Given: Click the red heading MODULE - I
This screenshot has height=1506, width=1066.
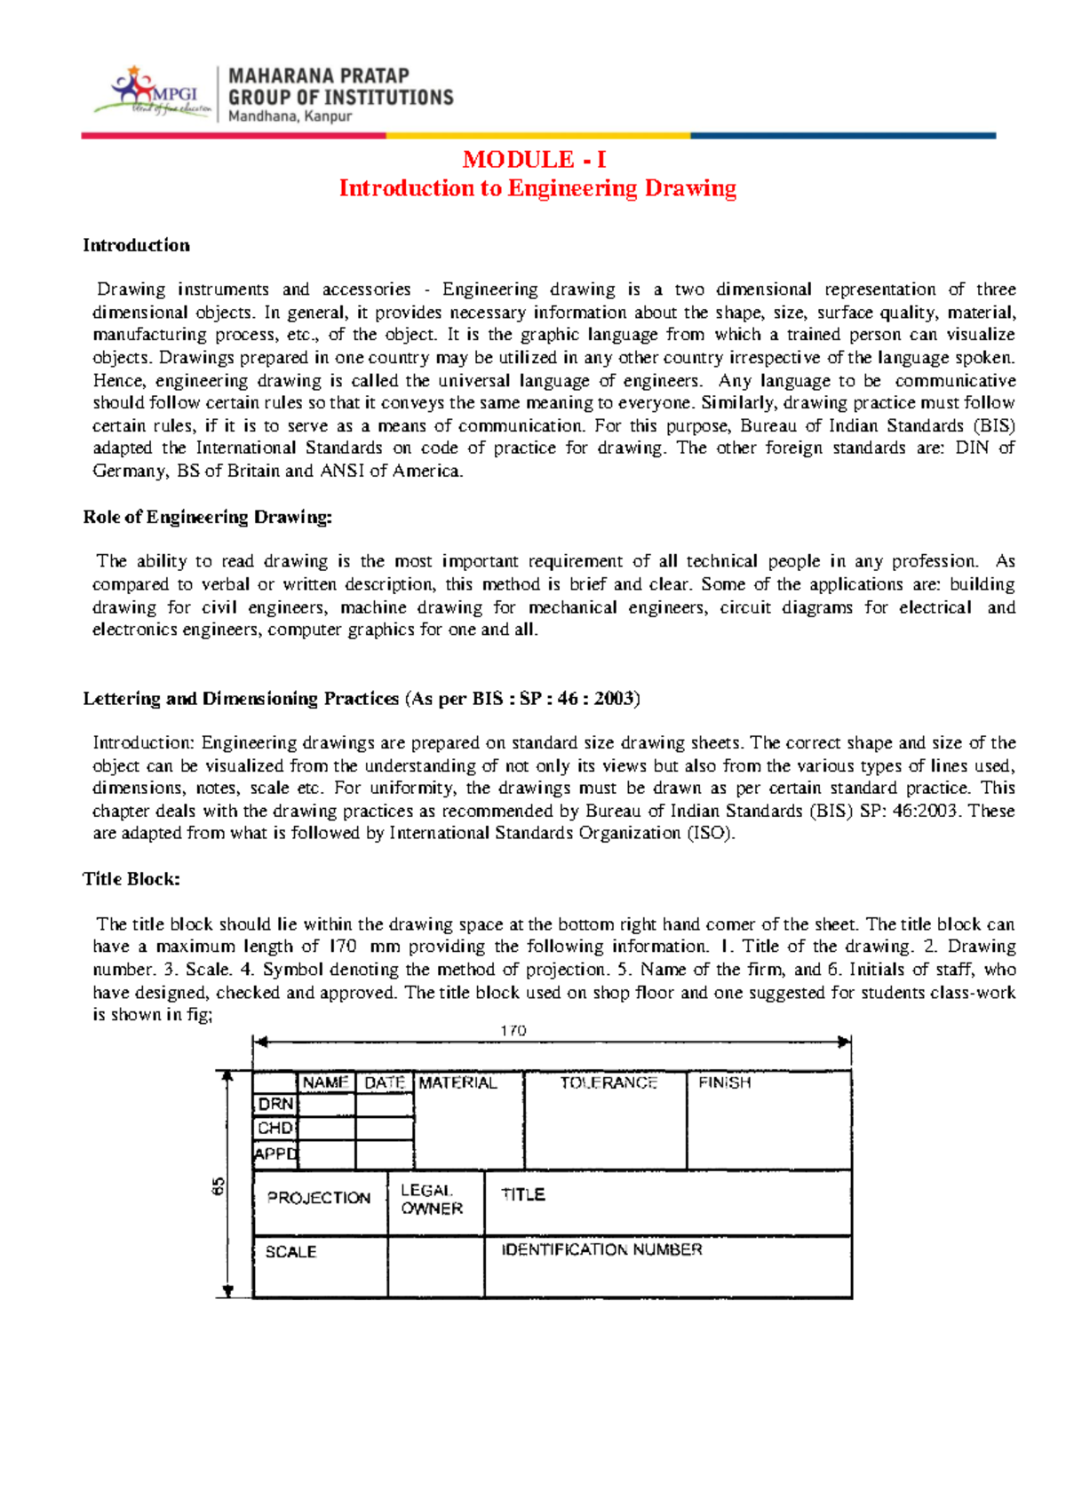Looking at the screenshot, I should coord(534,160).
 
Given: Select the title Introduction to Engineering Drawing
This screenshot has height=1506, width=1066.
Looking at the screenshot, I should coord(537,188).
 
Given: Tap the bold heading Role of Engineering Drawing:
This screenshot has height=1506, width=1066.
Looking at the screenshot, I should coord(207,517).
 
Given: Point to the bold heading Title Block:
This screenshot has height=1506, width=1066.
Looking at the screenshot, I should coord(131,879).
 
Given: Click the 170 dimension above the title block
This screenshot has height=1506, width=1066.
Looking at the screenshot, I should coord(513,1031).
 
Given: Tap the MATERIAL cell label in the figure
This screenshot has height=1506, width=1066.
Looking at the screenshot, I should coord(457,1083).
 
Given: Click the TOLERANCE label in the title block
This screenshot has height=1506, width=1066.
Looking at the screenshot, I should coord(609,1083).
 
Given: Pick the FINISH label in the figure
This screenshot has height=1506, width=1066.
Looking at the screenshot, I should coord(724,1083).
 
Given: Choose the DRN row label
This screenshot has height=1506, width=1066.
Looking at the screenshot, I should coord(275,1105).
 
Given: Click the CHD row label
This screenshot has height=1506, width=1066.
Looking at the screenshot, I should coord(275,1129).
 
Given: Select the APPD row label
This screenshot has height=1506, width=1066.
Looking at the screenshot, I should coord(275,1153).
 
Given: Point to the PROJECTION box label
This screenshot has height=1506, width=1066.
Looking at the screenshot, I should coord(319,1198).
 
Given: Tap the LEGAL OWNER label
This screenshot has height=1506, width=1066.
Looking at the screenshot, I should coord(431,1200).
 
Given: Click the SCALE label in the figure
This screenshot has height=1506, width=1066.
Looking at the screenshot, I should coord(290,1252).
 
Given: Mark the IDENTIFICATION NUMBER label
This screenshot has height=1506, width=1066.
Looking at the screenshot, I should coord(601,1250).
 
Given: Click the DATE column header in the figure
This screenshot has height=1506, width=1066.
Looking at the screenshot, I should coord(385,1083).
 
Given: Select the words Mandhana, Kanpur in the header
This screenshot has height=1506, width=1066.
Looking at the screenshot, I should coord(290,116).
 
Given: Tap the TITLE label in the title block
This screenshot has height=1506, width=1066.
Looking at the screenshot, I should coord(522,1195).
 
